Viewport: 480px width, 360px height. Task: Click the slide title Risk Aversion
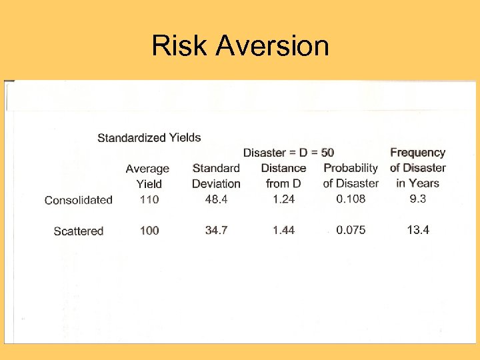coord(240,46)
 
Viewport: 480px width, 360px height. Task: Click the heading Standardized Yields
coord(149,138)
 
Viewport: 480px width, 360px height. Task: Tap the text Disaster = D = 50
coord(288,153)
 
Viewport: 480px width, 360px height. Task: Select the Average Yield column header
coord(148,176)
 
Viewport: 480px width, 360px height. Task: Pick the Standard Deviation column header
coord(216,176)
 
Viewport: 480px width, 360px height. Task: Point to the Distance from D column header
coord(283,176)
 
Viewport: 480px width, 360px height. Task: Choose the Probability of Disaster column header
coord(351,176)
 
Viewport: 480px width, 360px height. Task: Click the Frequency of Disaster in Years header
coord(418,168)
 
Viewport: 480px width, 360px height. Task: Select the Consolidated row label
coord(79,199)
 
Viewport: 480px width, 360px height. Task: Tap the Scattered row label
coord(79,231)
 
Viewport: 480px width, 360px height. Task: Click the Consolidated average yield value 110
coord(149,199)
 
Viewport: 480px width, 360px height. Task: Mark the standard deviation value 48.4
coord(217,199)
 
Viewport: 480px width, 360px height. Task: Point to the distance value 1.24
coord(284,199)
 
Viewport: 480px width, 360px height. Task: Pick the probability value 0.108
coord(351,199)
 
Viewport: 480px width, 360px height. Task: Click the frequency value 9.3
coord(418,199)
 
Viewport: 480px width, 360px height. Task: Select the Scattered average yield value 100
coord(149,231)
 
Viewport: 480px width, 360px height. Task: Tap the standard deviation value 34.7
coord(217,231)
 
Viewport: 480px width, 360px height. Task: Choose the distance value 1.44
coord(284,231)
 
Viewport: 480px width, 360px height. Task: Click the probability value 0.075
coord(351,231)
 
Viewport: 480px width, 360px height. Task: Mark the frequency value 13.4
coord(418,231)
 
